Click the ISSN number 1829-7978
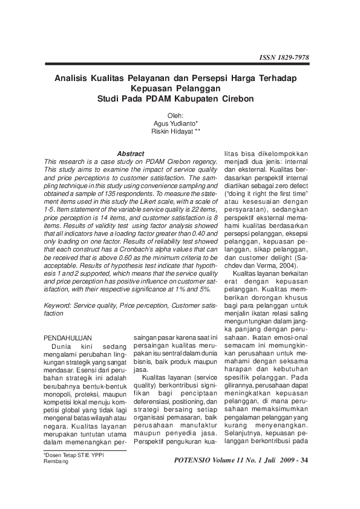point(292,57)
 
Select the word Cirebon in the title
point(234,98)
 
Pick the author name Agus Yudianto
point(171,123)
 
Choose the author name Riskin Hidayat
point(171,131)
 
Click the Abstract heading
point(130,154)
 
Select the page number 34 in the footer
point(304,461)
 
